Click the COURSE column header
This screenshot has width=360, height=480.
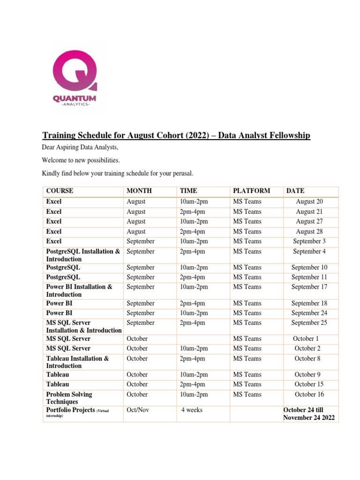60,191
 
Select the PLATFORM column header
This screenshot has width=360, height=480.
251,191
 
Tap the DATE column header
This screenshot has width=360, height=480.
295,191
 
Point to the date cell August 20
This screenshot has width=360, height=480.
309,202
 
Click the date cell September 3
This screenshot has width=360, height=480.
309,241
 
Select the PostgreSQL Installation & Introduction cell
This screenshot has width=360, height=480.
83,255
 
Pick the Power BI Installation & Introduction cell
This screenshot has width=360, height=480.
79,291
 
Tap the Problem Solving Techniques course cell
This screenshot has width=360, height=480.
69,398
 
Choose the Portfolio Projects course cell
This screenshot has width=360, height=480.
77,411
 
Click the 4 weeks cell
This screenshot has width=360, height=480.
192,410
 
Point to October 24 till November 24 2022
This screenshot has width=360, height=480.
309,414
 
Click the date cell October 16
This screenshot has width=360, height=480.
309,395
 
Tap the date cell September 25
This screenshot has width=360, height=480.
309,323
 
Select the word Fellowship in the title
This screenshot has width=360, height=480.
287,135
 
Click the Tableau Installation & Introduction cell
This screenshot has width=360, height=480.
77,362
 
